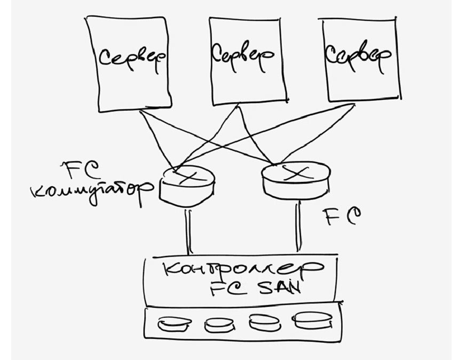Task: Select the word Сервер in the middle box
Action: (x=242, y=54)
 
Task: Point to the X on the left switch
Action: (x=185, y=175)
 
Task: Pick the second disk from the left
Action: (x=219, y=324)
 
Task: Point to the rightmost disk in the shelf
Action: (x=309, y=321)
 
